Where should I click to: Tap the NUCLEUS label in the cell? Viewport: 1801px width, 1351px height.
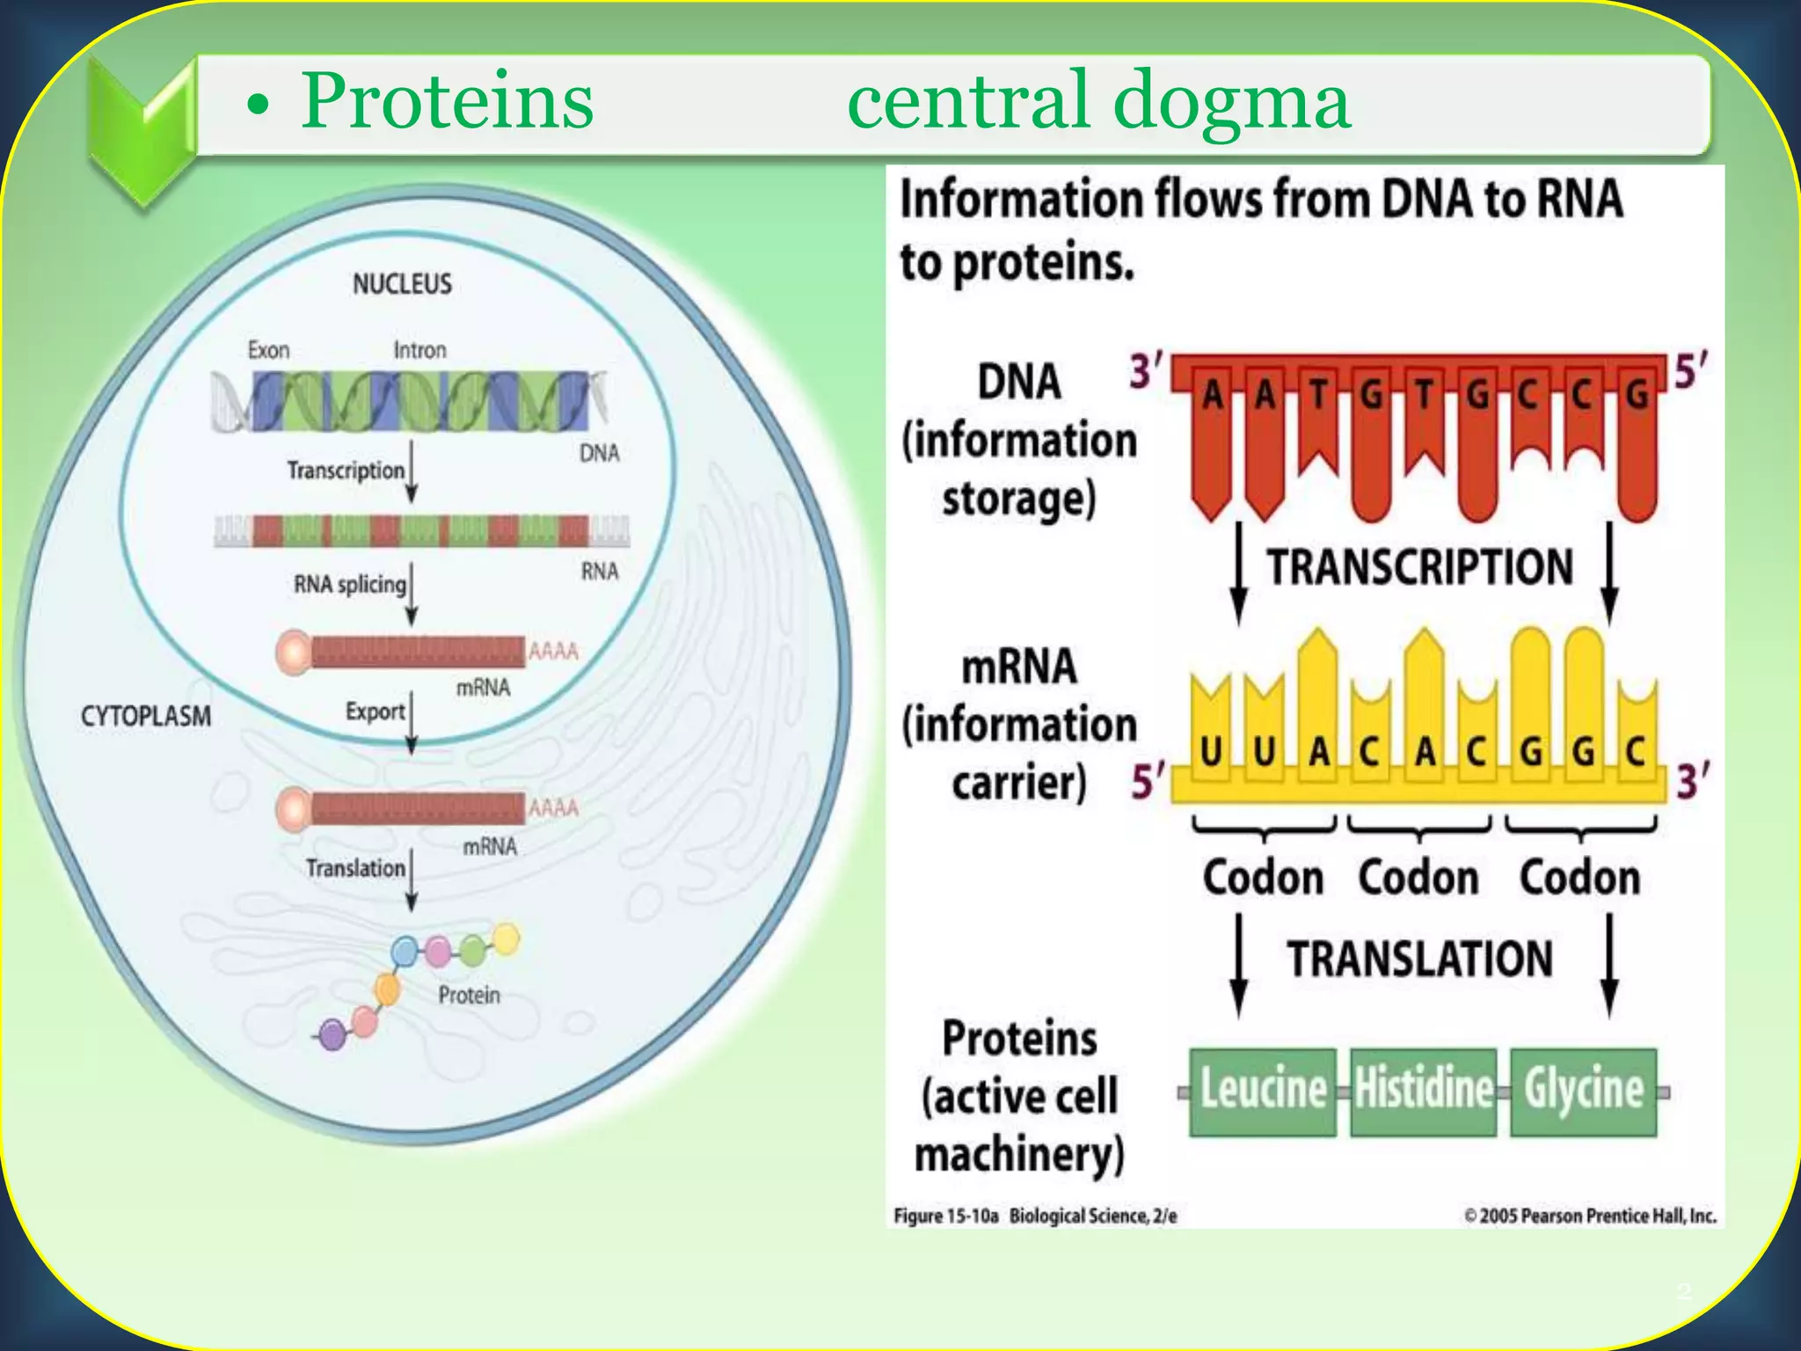point(402,283)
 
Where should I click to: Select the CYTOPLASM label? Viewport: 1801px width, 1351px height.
point(146,716)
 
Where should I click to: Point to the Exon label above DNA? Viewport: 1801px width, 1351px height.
point(268,350)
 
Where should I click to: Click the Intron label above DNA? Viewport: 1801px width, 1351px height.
point(419,350)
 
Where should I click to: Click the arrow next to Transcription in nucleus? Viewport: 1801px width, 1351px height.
point(412,472)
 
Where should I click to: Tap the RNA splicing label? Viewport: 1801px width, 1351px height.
point(349,584)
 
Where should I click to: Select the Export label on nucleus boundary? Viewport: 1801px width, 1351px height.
point(375,711)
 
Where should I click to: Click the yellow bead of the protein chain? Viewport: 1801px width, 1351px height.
point(507,938)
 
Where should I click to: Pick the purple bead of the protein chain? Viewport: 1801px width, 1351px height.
point(332,1034)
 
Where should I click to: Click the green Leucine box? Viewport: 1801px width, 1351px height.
point(1262,1092)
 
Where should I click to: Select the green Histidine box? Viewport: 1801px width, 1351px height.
point(1423,1092)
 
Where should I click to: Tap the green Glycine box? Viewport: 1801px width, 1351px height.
point(1583,1092)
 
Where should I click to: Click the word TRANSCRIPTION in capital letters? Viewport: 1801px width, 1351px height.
point(1419,567)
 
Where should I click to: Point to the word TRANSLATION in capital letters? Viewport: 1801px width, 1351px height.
point(1419,959)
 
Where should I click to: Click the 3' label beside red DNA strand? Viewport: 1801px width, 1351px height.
point(1146,371)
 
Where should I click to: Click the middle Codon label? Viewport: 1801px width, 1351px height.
point(1418,878)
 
